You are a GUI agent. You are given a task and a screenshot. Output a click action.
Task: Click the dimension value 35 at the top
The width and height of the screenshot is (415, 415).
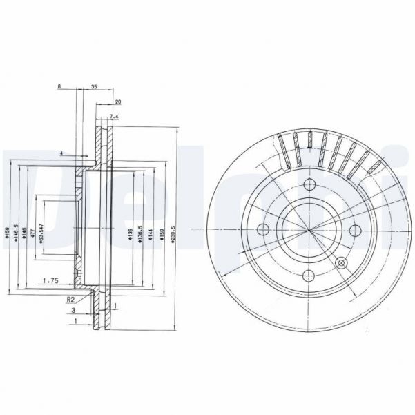coord(93,88)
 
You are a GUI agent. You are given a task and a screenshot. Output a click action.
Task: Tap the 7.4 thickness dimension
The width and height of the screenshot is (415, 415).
coord(115,116)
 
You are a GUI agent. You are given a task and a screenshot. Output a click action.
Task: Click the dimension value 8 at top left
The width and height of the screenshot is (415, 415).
coord(59,88)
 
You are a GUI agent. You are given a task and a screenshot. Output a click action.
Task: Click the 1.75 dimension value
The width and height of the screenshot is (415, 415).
coord(49,280)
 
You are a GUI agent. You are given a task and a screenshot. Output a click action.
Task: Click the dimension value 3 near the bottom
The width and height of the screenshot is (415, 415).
coord(74,311)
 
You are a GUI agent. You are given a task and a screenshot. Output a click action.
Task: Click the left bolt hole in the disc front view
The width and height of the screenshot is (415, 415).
coord(262,230)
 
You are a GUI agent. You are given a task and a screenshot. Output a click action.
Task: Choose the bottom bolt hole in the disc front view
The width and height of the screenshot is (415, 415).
coord(308,276)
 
